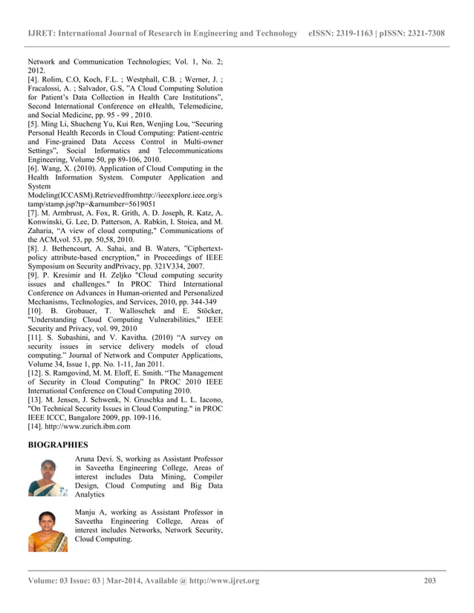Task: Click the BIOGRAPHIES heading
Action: pyautogui.click(x=57, y=445)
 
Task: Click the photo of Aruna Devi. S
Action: pyautogui.click(x=48, y=477)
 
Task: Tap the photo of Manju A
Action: pyautogui.click(x=48, y=531)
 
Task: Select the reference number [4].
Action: pyautogui.click(x=34, y=78)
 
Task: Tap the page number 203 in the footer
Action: pyautogui.click(x=429, y=580)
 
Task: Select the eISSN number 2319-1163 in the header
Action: pyautogui.click(x=358, y=33)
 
